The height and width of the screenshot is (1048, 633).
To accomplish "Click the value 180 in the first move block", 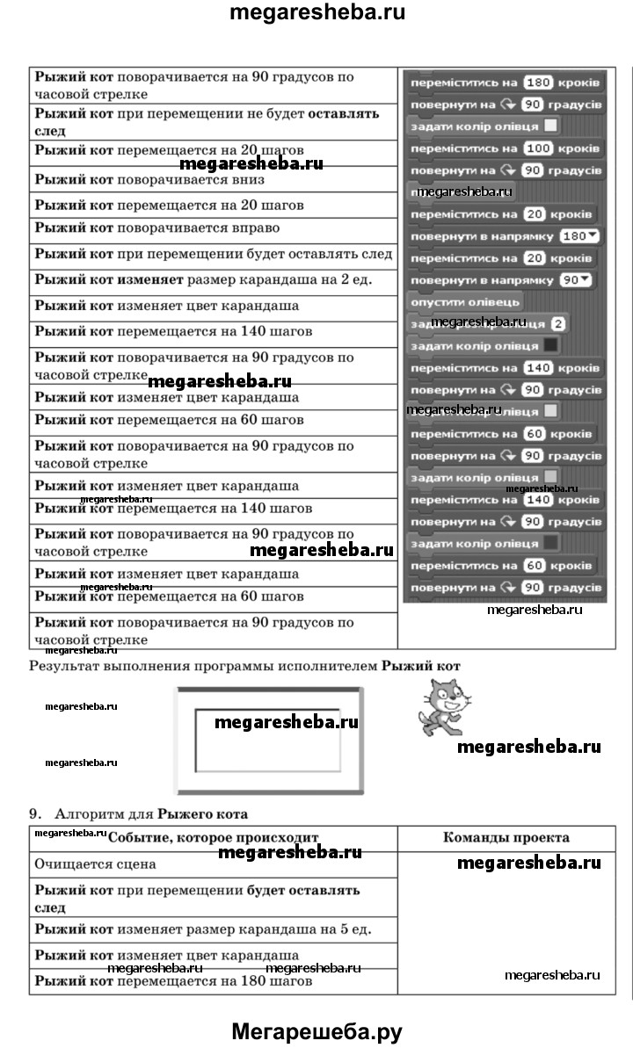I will (x=536, y=83).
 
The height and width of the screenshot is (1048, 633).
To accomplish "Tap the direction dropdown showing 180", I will (x=581, y=237).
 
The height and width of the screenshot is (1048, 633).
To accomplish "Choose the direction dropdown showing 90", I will (x=576, y=280).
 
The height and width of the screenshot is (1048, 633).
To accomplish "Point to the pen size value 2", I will (x=558, y=323).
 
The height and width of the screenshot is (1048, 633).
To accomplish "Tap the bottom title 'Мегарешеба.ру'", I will (x=316, y=1031).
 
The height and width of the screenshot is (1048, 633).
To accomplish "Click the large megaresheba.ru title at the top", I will (x=316, y=13).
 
